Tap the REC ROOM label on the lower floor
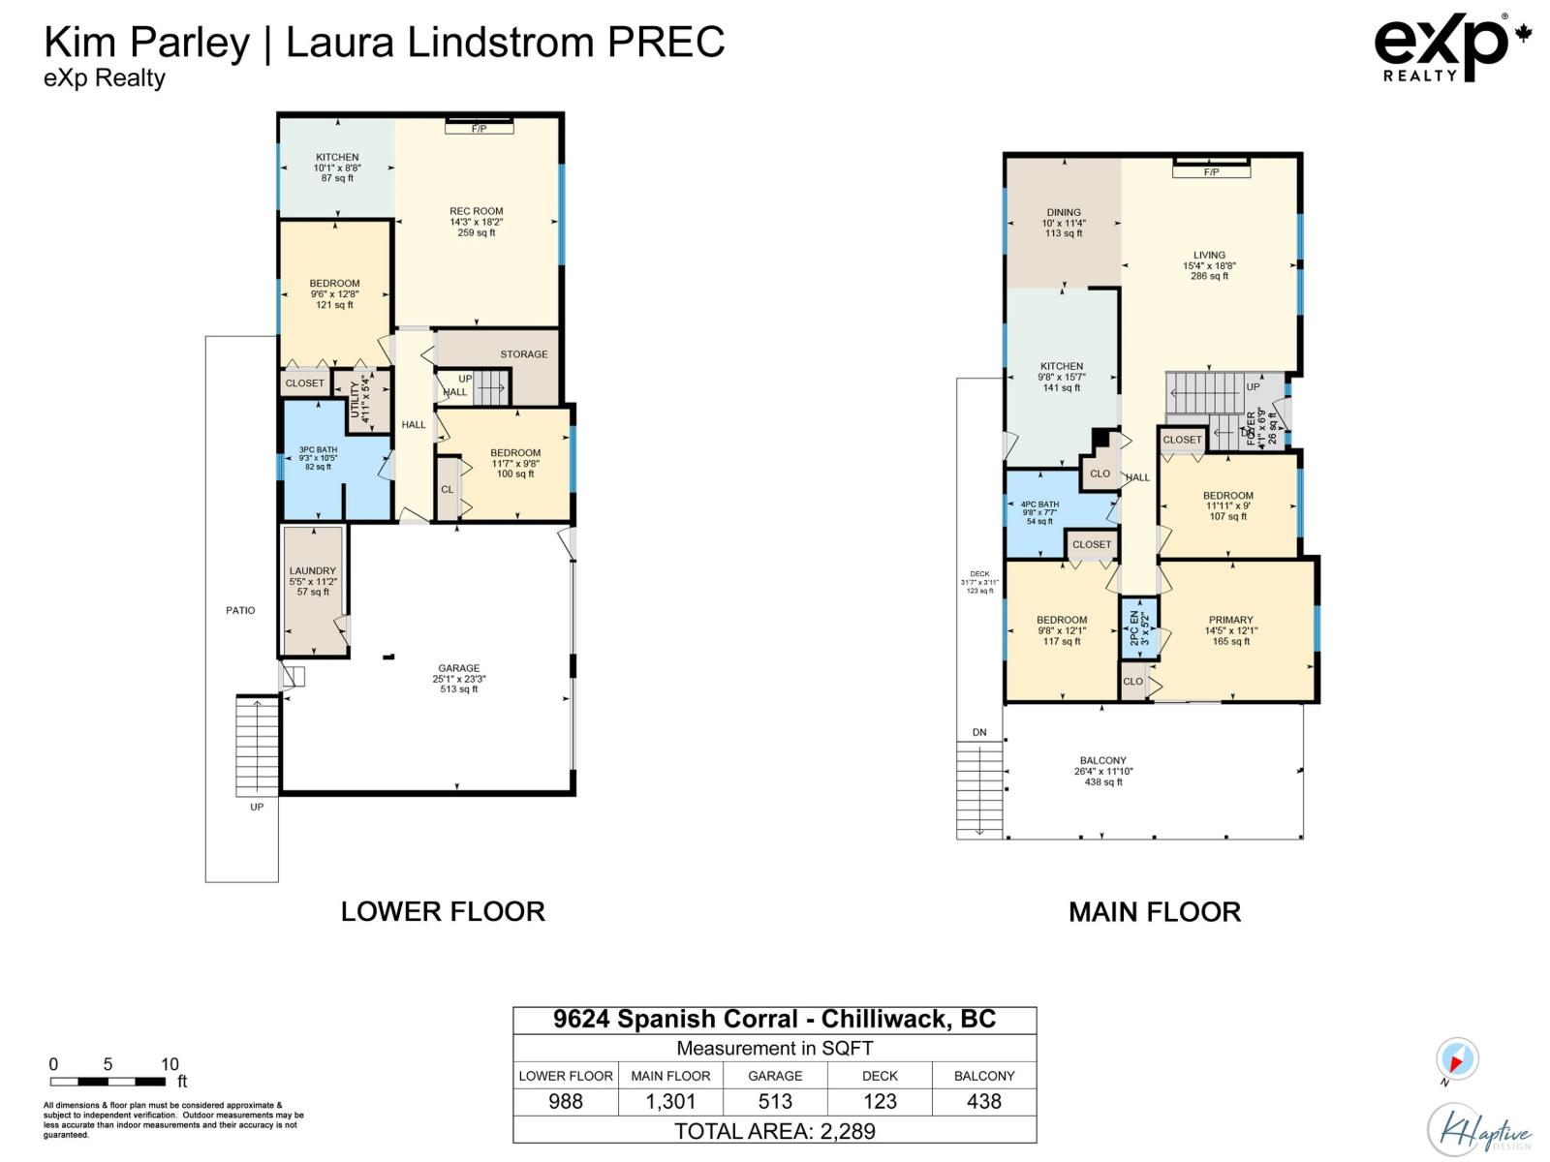[477, 211]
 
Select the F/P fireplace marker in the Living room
[1211, 172]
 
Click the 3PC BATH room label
[318, 449]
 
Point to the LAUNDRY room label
[312, 571]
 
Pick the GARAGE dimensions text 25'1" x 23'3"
[459, 679]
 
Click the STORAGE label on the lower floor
[524, 354]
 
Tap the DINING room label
[1064, 213]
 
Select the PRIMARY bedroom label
[1230, 620]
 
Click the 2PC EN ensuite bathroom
[1138, 627]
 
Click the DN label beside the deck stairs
[979, 732]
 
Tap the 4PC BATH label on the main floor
[1039, 505]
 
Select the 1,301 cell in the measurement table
[670, 1102]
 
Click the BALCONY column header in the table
[984, 1076]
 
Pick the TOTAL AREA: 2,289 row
[775, 1131]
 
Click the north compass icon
[1457, 1059]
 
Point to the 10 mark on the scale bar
[170, 1064]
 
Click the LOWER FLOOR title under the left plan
[443, 911]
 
